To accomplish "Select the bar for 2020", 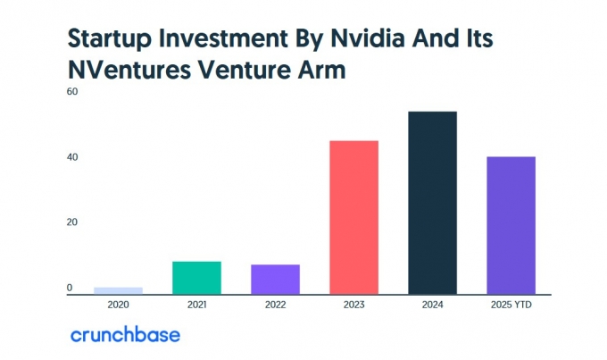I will [118, 290].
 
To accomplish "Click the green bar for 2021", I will [196, 277].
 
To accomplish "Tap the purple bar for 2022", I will [275, 279].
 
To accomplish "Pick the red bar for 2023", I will [353, 217].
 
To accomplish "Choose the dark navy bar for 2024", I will [432, 203].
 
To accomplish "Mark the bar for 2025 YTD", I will [511, 225].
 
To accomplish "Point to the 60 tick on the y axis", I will [71, 92].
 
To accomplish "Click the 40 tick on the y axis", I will [71, 157].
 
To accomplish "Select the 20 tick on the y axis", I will [71, 222].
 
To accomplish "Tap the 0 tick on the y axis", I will [69, 288].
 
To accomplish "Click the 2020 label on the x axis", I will [118, 304].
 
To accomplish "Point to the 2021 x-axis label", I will [196, 304].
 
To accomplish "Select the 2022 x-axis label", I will [275, 304].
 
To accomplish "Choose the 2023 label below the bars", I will [353, 304].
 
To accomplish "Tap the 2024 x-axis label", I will [432, 304].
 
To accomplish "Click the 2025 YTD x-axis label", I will [511, 304].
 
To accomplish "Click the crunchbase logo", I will [125, 335].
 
